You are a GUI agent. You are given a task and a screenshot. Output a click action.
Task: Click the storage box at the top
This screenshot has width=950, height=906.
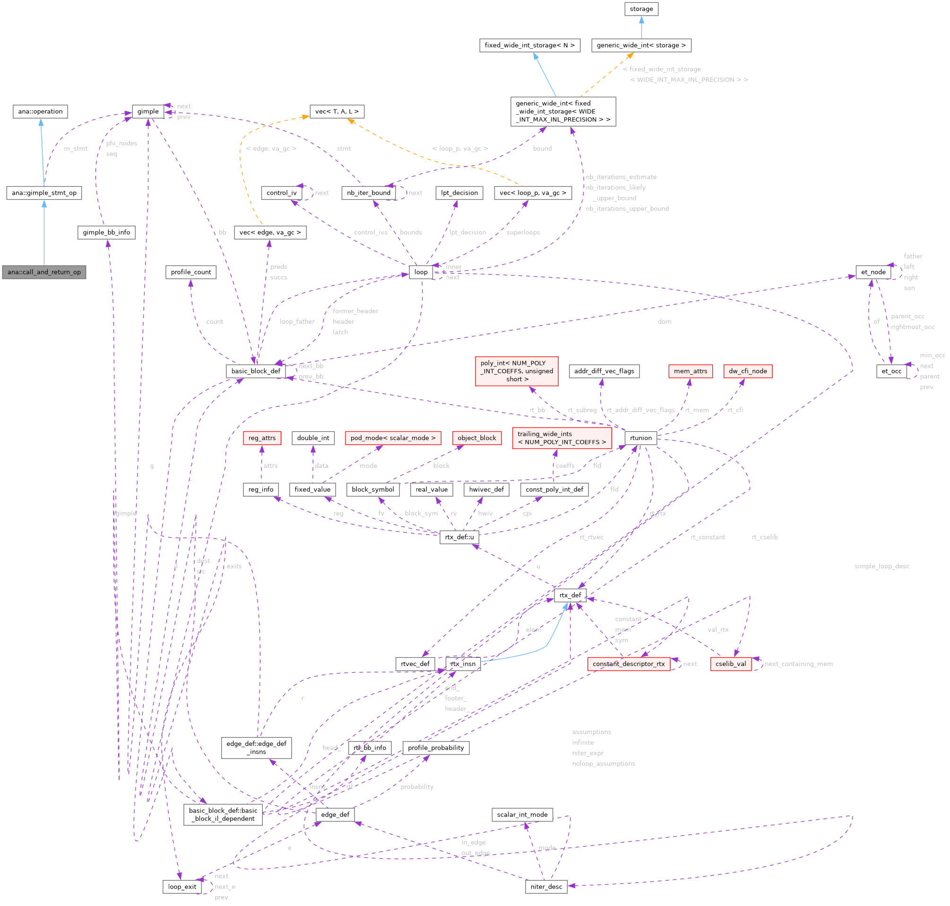click(641, 9)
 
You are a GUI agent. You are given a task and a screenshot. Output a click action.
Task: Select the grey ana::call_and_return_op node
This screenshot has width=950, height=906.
click(44, 272)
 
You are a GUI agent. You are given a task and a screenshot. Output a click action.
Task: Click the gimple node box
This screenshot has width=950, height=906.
click(148, 112)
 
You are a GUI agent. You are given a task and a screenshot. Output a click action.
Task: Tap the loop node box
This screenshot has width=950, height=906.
click(421, 272)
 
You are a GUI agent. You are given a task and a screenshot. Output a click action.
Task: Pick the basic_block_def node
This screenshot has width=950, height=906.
click(256, 371)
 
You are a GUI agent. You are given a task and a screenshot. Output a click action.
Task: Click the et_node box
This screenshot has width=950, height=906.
click(873, 272)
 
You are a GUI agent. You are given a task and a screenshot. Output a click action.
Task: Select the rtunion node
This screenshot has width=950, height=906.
click(640, 438)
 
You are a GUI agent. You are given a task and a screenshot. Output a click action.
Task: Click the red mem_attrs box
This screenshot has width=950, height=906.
click(690, 371)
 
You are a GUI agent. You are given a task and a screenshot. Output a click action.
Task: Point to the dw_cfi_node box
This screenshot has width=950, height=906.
click(747, 371)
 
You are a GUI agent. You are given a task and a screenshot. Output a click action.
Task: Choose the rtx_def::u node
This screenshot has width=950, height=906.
click(459, 537)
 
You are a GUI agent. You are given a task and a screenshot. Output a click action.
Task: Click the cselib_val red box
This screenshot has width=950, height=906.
click(730, 664)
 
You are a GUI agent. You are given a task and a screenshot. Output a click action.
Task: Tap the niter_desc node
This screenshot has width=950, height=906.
click(546, 887)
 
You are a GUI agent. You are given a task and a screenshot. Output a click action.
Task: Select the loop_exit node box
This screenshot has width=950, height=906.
click(182, 887)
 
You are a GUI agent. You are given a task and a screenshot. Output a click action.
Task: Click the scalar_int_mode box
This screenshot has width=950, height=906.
click(522, 814)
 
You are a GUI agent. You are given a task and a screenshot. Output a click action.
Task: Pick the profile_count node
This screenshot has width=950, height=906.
click(191, 272)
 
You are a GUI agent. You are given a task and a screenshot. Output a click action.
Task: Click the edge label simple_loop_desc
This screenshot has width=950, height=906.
click(881, 566)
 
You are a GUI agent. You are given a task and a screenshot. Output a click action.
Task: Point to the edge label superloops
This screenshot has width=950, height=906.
click(523, 233)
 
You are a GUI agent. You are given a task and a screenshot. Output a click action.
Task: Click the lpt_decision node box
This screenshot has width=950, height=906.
click(459, 193)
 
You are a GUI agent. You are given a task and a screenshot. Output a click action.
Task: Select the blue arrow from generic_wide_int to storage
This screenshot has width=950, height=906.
click(641, 27)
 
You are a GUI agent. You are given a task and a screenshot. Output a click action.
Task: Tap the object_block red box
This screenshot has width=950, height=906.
click(477, 438)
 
